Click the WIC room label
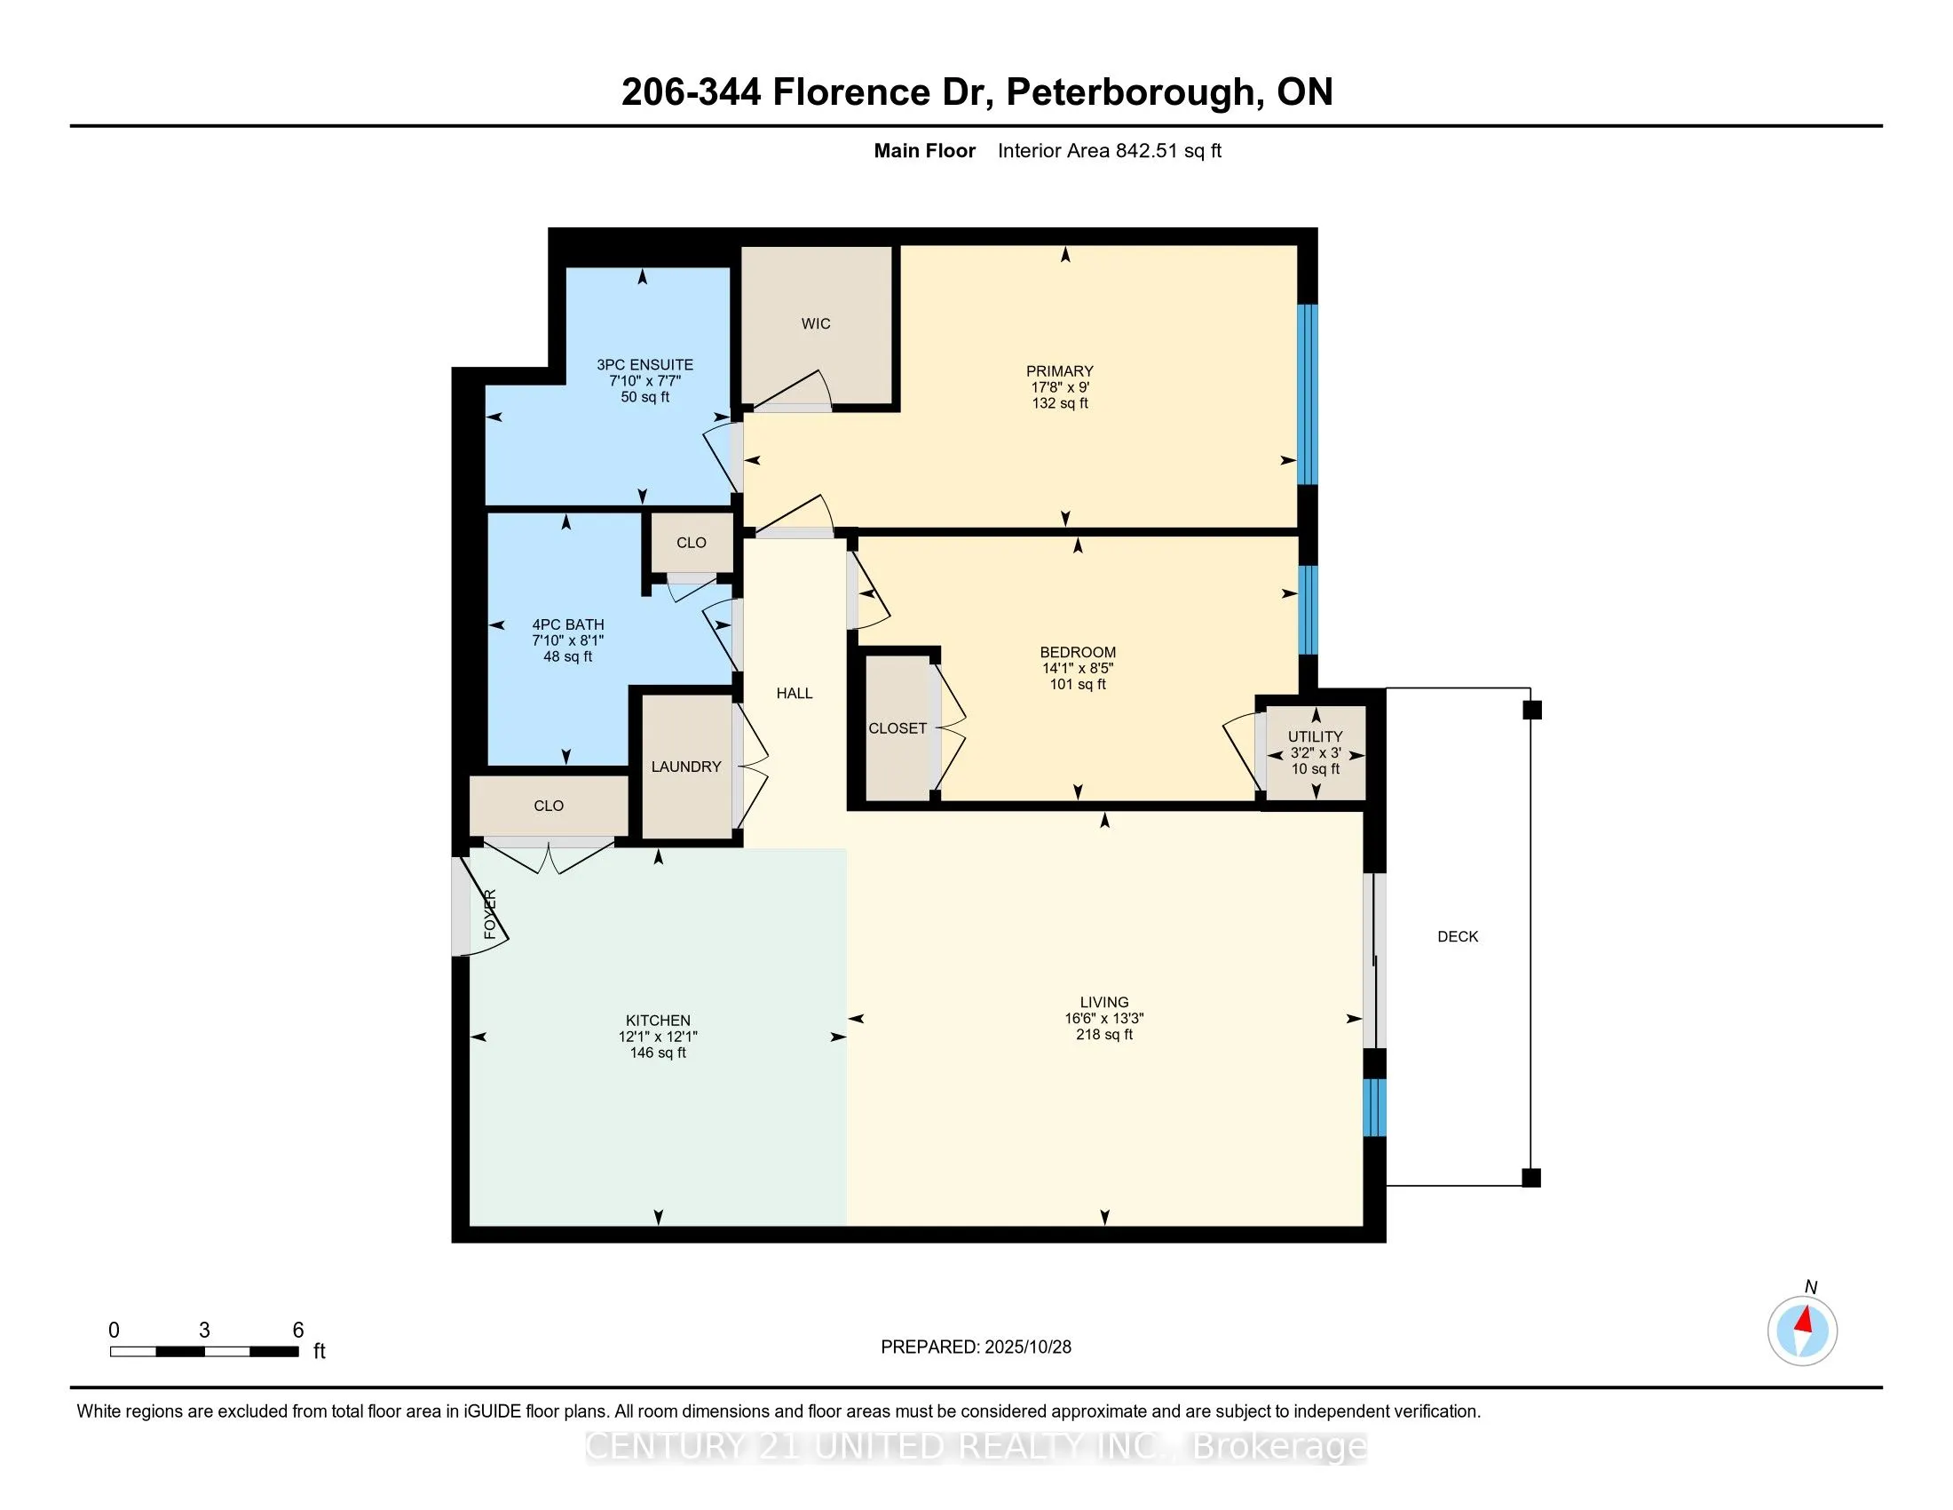(816, 324)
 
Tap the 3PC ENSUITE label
(644, 365)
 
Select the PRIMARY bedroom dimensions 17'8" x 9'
(1060, 387)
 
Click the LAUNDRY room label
(686, 767)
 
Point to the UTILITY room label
(1315, 736)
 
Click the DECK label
(1458, 936)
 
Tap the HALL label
(795, 694)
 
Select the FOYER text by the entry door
(490, 914)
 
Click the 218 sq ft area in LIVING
(1103, 1035)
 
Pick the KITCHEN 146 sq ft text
(657, 1053)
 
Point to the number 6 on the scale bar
(297, 1331)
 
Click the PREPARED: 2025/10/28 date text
(976, 1347)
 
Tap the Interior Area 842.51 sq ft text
(1109, 151)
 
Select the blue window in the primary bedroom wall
(1307, 393)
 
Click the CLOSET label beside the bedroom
(897, 728)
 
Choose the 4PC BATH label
(568, 625)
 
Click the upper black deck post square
(1532, 711)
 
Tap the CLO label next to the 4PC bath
(692, 543)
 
